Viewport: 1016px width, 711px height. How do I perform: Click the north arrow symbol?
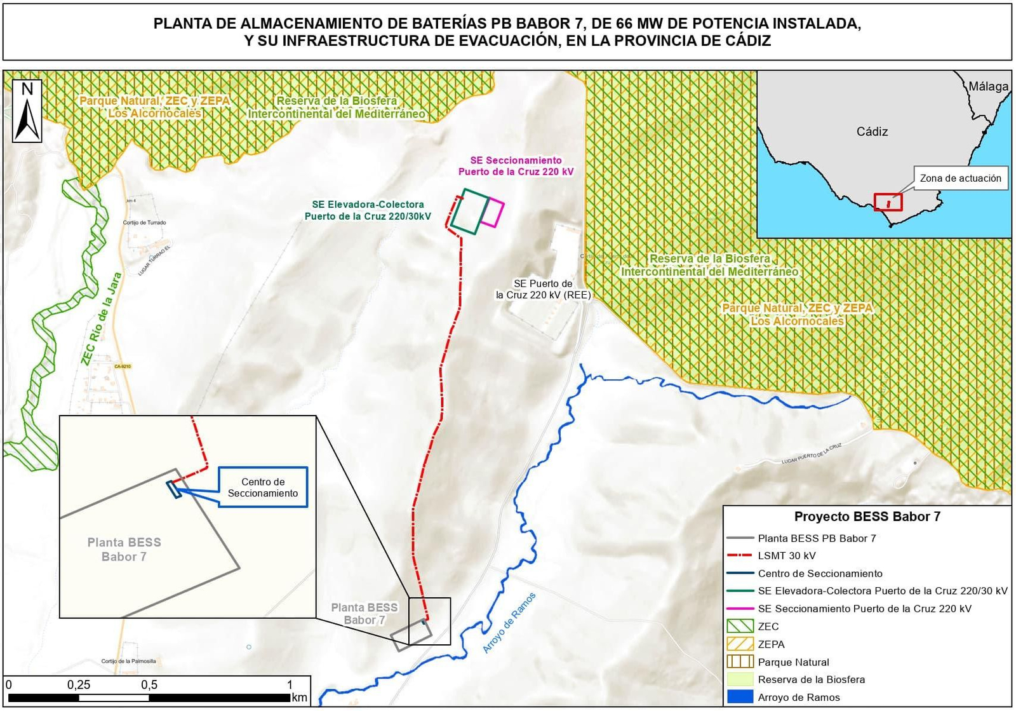point(27,111)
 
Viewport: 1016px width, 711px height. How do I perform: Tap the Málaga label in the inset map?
point(988,86)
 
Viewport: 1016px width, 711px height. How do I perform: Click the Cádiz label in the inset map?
point(872,132)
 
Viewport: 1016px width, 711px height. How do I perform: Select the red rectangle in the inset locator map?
point(888,202)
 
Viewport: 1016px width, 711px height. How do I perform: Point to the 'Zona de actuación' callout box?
point(960,179)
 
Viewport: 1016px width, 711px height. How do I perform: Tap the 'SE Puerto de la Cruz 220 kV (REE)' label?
point(543,289)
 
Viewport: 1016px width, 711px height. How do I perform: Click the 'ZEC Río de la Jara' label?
point(101,319)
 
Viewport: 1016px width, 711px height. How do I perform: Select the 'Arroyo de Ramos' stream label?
point(509,623)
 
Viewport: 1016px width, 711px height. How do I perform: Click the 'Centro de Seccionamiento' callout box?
point(263,487)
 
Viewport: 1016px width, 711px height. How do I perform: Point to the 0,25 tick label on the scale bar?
point(79,685)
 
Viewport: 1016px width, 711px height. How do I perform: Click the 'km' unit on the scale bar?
point(299,698)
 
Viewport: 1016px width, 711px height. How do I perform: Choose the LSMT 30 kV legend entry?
point(786,555)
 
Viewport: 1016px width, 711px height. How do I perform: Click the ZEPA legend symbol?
point(740,644)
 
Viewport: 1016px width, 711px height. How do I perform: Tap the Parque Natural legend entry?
point(793,661)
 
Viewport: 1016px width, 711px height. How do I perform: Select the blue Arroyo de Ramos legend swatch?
point(740,697)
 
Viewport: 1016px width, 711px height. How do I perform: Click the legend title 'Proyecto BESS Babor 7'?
point(867,517)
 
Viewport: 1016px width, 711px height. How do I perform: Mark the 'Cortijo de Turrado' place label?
point(145,222)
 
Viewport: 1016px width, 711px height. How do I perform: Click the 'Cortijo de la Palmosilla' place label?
point(128,661)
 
